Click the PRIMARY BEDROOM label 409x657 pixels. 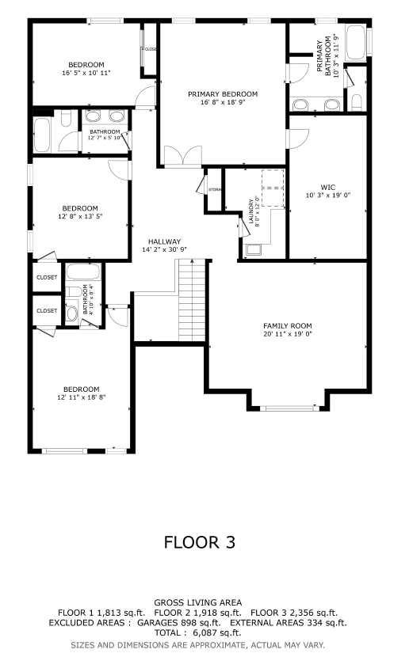click(x=223, y=94)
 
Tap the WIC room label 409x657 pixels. click(x=328, y=187)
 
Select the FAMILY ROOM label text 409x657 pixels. click(x=288, y=325)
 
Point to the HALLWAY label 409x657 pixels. click(x=165, y=241)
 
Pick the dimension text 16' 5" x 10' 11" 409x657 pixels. click(x=86, y=73)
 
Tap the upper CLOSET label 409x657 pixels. click(x=47, y=277)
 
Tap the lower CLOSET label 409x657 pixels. click(x=47, y=310)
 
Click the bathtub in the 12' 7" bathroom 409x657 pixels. click(x=43, y=135)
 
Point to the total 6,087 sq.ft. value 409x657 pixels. click(x=220, y=632)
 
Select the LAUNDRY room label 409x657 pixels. click(x=251, y=212)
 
